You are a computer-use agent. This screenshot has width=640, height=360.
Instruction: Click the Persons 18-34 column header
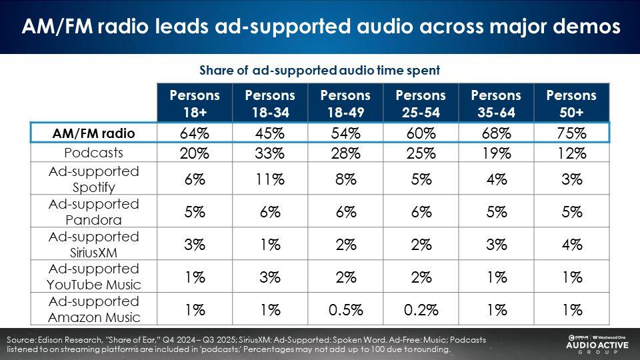[270, 103]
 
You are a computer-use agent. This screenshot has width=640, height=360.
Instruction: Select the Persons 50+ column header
[571, 103]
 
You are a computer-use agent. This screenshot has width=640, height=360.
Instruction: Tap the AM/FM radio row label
[93, 133]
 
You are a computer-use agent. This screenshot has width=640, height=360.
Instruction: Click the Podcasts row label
[93, 153]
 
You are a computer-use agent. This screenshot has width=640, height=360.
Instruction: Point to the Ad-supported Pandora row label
[93, 211]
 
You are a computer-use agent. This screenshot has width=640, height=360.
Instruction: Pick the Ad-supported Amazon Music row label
[93, 309]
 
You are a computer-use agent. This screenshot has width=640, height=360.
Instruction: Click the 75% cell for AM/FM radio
[571, 133]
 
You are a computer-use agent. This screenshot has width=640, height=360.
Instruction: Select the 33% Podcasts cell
[270, 153]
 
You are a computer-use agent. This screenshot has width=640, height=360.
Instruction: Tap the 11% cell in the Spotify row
[270, 179]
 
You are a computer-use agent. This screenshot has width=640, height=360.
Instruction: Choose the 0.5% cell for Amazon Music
[345, 309]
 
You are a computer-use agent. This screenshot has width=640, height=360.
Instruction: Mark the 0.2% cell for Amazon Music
[420, 309]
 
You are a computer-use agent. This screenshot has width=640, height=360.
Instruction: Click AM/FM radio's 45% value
[270, 133]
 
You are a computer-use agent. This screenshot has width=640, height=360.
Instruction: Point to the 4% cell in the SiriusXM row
[571, 244]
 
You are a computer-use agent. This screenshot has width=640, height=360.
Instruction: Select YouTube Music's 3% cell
[270, 277]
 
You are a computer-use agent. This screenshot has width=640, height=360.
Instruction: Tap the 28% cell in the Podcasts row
[345, 153]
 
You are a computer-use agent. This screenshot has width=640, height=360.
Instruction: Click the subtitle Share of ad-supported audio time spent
[319, 70]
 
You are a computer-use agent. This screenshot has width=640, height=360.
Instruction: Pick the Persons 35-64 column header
[495, 103]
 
